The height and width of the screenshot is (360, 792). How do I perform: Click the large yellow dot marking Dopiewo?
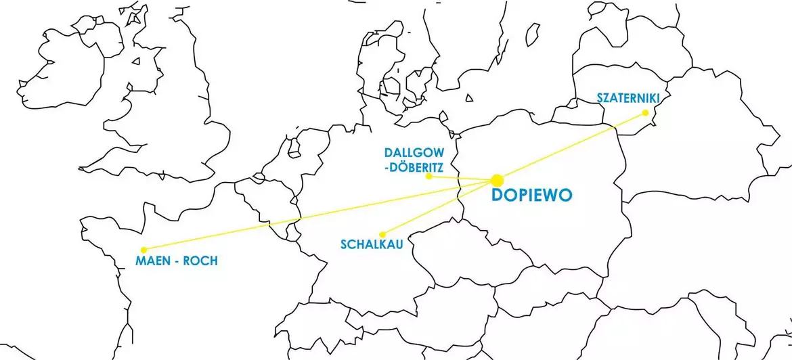[497, 180]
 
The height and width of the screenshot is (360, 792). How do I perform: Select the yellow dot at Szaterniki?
[645, 113]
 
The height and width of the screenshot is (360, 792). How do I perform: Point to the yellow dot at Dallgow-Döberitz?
[428, 176]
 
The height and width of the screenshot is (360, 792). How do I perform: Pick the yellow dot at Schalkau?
[382, 235]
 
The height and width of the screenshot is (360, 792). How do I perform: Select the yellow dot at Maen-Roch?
[144, 250]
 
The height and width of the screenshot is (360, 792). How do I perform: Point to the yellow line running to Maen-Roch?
[318, 215]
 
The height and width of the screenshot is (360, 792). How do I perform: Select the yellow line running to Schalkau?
[440, 207]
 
